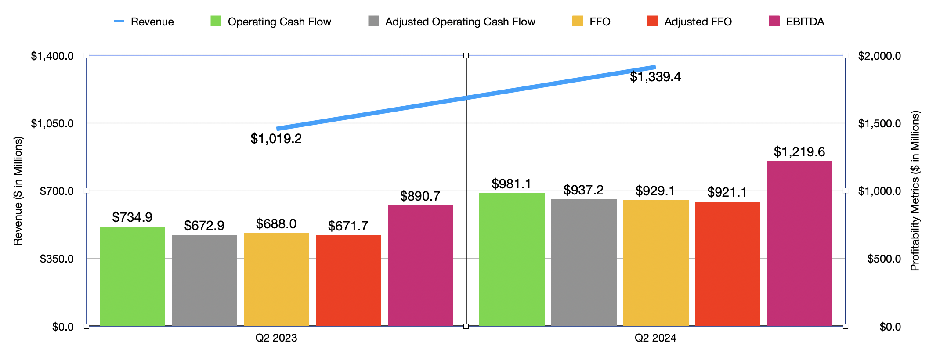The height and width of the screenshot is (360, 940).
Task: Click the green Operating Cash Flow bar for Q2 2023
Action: tap(132, 276)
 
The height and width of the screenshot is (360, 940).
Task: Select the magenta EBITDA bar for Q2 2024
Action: tap(799, 244)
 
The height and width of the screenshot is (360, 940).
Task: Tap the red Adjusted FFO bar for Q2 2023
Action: tap(348, 281)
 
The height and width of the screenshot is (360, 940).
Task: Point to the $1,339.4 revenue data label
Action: tap(655, 77)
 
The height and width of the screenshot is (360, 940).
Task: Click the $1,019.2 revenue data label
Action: tap(276, 139)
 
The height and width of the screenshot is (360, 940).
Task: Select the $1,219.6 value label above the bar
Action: tap(799, 152)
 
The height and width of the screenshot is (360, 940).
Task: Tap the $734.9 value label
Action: tap(132, 217)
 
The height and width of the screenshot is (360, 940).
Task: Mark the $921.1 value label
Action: tap(727, 192)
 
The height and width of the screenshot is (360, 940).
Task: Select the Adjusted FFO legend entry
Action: tap(690, 22)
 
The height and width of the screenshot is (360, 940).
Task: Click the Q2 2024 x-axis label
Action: tap(655, 338)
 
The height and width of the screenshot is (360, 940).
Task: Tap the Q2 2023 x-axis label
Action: tap(276, 338)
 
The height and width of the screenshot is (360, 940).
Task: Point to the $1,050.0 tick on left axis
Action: tap(52, 123)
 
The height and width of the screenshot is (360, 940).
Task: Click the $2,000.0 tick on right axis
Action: tap(879, 56)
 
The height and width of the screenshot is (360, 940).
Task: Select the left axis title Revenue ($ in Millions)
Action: tap(18, 191)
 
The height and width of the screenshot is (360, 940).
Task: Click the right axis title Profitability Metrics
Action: tap(915, 191)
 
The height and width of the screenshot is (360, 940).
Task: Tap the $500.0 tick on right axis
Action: tap(884, 259)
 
